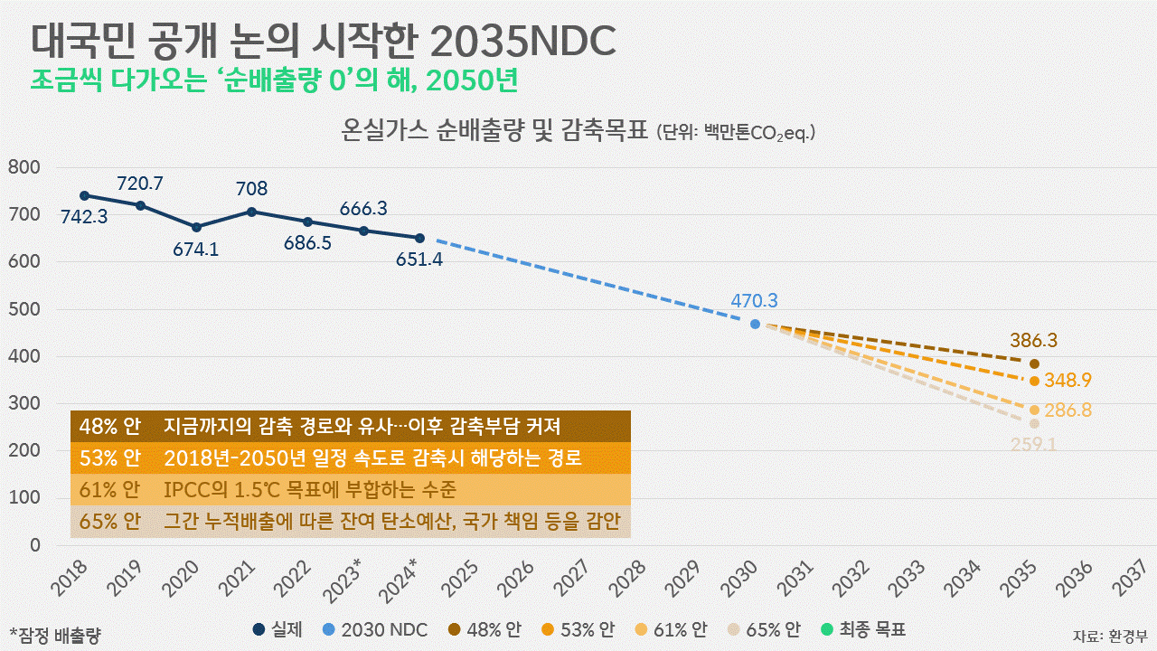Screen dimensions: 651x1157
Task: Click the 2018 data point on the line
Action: pos(85,195)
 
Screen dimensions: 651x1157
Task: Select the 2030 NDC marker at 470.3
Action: pos(756,324)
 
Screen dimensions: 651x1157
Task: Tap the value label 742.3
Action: pos(85,217)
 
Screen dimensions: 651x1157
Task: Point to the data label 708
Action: pos(251,189)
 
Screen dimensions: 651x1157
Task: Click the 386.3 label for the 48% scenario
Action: pos(1034,342)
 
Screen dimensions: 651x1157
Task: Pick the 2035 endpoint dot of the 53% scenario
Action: pos(1034,380)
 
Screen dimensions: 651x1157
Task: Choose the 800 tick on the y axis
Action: pos(24,167)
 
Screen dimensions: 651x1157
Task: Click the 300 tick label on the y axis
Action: pos(24,403)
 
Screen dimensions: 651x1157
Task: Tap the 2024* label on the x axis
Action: pos(400,579)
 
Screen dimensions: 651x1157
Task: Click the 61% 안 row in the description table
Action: pos(351,490)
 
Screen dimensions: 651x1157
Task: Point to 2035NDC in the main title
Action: pos(523,39)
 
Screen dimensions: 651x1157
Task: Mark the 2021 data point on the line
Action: pos(251,212)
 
